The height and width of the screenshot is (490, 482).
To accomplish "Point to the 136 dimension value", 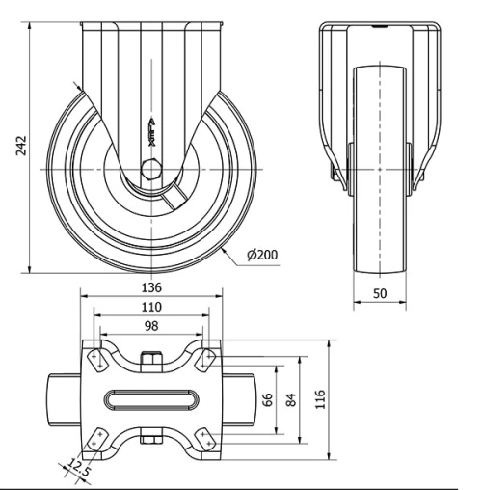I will (x=151, y=287).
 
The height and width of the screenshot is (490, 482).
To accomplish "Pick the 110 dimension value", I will (x=151, y=307).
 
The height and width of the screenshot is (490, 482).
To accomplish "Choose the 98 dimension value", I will (x=151, y=326).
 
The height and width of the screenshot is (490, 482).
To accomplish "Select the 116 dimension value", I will (x=321, y=397).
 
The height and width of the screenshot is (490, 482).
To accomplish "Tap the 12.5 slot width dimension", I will (x=80, y=469).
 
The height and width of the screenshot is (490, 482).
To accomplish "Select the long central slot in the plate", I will (x=151, y=398).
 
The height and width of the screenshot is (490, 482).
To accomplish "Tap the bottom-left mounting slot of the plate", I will (x=97, y=438).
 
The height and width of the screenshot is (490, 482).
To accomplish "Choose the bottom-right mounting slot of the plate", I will (x=205, y=438).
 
